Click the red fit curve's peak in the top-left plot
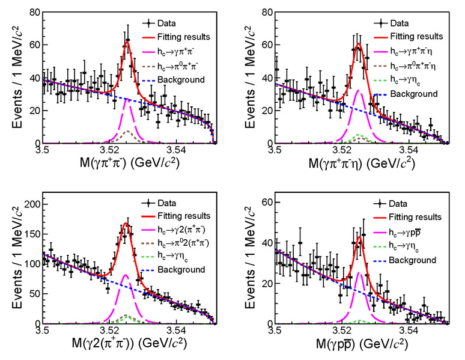pyautogui.click(x=127, y=41)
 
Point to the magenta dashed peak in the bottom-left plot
pyautogui.click(x=126, y=275)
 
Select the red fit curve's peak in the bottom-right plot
pyautogui.click(x=359, y=237)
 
